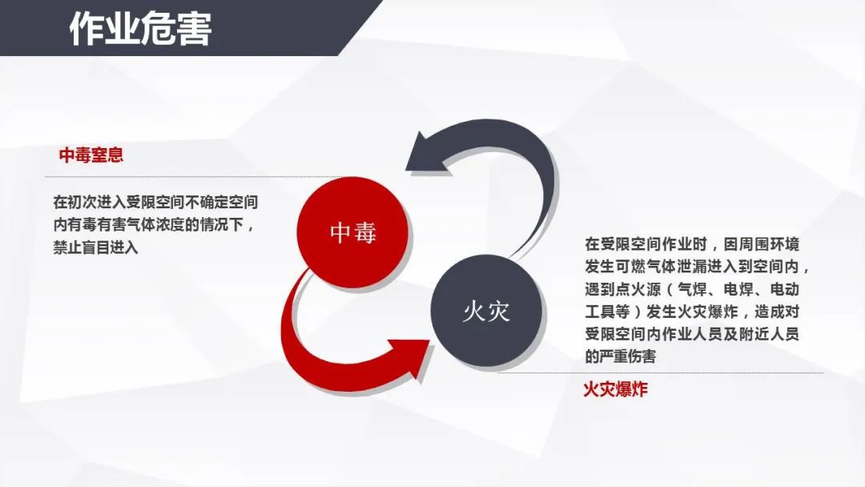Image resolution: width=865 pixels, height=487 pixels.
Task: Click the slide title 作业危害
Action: tap(141, 29)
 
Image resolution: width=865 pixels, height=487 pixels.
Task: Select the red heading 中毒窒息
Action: tap(91, 155)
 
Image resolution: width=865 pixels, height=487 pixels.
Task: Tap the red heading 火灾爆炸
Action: tap(615, 389)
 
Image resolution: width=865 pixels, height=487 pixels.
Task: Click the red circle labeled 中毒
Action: tap(353, 232)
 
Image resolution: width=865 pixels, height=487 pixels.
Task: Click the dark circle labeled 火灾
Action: tap(485, 312)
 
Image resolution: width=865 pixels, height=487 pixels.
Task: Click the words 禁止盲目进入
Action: tap(95, 248)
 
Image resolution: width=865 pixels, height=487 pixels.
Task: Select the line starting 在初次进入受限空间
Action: tap(155, 203)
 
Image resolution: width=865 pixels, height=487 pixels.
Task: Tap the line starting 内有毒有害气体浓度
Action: tap(154, 225)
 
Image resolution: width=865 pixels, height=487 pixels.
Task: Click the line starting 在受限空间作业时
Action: tap(692, 244)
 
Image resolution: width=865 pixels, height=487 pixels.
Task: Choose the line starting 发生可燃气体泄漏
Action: tap(698, 267)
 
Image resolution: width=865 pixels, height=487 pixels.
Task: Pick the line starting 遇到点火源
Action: tap(692, 289)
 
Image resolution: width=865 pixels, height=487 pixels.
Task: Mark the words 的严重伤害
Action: tap(621, 356)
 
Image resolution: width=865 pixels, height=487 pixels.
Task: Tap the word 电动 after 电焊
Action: tap(784, 289)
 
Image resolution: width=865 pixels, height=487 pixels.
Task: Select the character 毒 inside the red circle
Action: tap(364, 232)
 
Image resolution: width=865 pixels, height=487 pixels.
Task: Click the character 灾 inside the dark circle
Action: tap(498, 312)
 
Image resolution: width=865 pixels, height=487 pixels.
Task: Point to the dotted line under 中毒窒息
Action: tap(193, 177)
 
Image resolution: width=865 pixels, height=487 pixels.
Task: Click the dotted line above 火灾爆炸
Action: tap(660, 372)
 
